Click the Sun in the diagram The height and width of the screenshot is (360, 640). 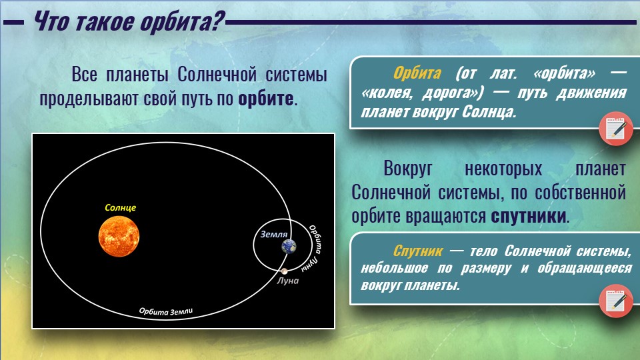click(x=119, y=237)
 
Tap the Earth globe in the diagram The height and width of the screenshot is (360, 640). click(x=289, y=247)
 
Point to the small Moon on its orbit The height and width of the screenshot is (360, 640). click(x=284, y=271)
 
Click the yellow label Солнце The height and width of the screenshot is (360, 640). click(x=121, y=208)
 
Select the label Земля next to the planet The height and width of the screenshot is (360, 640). click(x=274, y=234)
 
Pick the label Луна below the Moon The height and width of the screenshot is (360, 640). click(x=288, y=281)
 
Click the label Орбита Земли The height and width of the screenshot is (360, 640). click(x=166, y=311)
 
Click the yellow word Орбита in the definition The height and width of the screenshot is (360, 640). click(x=417, y=73)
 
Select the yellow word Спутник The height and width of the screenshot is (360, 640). click(x=417, y=251)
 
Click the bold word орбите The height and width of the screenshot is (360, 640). click(x=266, y=99)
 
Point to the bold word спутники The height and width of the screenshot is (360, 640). click(x=529, y=216)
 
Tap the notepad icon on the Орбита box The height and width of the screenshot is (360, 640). click(x=616, y=128)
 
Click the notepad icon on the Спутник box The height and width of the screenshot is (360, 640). click(x=616, y=301)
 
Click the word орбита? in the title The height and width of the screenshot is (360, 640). click(x=183, y=21)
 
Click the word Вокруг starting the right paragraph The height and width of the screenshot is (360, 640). click(x=408, y=169)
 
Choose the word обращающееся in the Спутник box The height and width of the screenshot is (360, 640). click(x=585, y=268)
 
